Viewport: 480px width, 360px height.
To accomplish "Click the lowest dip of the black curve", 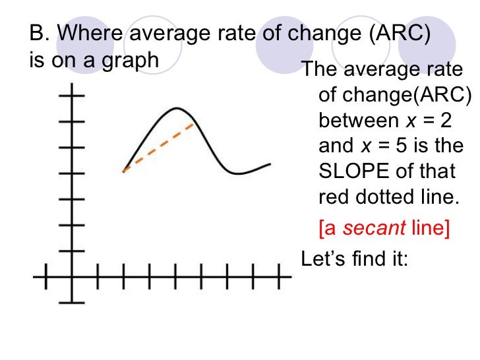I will [x=239, y=173].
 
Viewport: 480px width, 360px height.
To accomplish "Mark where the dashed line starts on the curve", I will [x=124, y=171].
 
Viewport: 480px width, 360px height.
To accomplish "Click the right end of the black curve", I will [x=270, y=164].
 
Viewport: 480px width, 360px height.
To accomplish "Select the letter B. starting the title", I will [x=38, y=33].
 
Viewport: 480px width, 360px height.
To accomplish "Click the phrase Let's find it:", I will [x=355, y=258].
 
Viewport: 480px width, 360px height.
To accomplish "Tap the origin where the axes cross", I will [x=72, y=277].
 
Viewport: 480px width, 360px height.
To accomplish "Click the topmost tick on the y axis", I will [x=72, y=96].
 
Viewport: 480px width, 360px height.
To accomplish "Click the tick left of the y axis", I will [x=45, y=277].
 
